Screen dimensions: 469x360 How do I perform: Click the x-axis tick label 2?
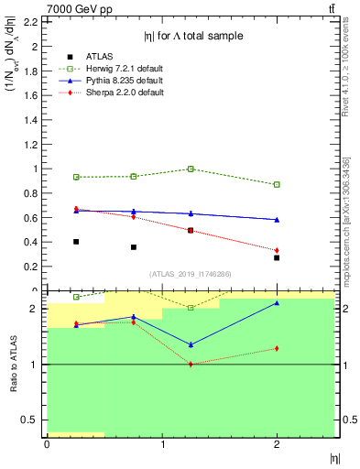click(277, 446)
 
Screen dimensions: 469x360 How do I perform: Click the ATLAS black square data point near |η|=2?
click(277, 257)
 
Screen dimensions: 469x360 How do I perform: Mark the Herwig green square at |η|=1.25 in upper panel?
click(191, 169)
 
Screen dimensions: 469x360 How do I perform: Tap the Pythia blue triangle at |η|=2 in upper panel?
click(277, 220)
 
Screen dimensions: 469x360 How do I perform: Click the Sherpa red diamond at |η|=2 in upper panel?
click(277, 250)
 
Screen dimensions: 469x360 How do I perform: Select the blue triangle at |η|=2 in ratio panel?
click(277, 303)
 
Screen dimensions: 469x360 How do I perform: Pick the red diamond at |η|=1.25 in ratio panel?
click(191, 365)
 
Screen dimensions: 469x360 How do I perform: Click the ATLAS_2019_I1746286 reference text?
click(190, 274)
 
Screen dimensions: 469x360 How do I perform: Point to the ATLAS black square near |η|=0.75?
click(133, 247)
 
